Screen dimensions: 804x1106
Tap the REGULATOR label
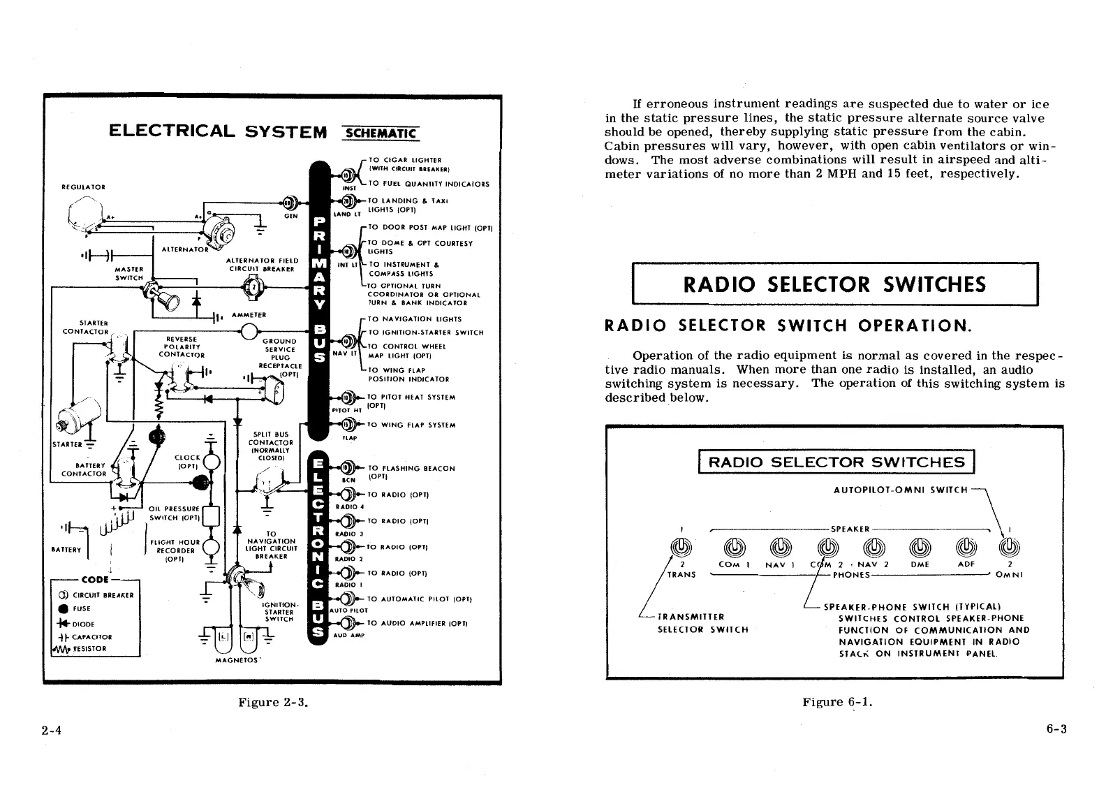click(x=83, y=187)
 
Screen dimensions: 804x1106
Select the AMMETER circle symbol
click(x=249, y=331)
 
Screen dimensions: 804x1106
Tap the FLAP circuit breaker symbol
click(x=344, y=425)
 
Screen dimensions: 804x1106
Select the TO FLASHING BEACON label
click(x=411, y=468)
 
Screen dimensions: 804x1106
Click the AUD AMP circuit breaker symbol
click(x=344, y=623)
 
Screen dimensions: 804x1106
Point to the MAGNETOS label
click(x=238, y=659)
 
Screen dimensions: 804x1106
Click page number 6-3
click(x=1056, y=730)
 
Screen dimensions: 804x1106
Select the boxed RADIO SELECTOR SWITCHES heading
click(x=834, y=284)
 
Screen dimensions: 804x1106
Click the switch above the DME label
click(x=920, y=547)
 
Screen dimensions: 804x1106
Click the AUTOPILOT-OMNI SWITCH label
click(x=901, y=490)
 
